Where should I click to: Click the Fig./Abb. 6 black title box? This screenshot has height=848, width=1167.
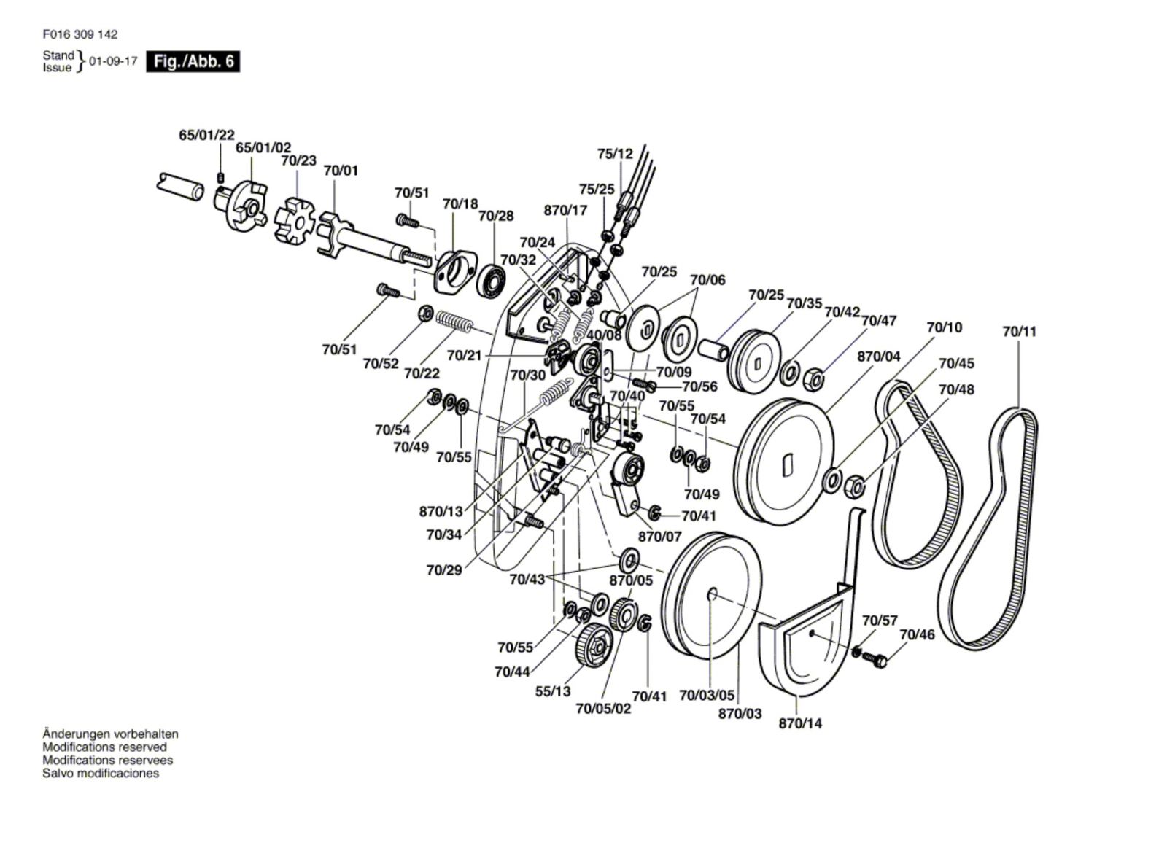click(193, 61)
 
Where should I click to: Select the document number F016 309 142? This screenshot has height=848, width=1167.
click(80, 34)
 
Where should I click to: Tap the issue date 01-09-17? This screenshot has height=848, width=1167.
click(114, 61)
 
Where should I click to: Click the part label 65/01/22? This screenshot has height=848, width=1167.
click(207, 135)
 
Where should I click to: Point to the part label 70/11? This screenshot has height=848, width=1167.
click(1020, 331)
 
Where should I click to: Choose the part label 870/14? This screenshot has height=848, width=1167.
click(800, 723)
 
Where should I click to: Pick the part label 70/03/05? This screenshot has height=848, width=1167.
click(707, 695)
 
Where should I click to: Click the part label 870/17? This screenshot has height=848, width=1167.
click(565, 210)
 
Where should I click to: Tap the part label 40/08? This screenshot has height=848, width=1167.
click(605, 335)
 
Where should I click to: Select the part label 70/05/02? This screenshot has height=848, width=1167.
click(603, 709)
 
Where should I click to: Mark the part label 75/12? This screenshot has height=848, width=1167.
click(615, 154)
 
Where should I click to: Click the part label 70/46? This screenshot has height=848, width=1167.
click(917, 634)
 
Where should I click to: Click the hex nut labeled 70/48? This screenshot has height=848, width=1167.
click(854, 486)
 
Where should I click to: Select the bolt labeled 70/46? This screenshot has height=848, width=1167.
click(875, 659)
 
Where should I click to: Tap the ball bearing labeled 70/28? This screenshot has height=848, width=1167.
click(492, 281)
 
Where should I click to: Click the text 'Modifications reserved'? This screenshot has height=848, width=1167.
click(105, 747)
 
